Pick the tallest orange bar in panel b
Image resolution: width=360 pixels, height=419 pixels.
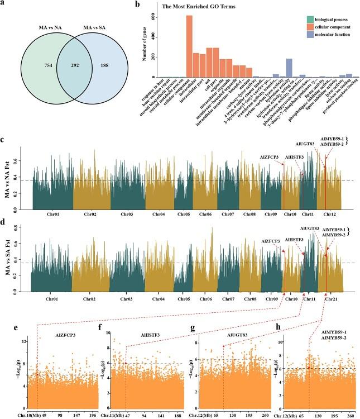point(189,46)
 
